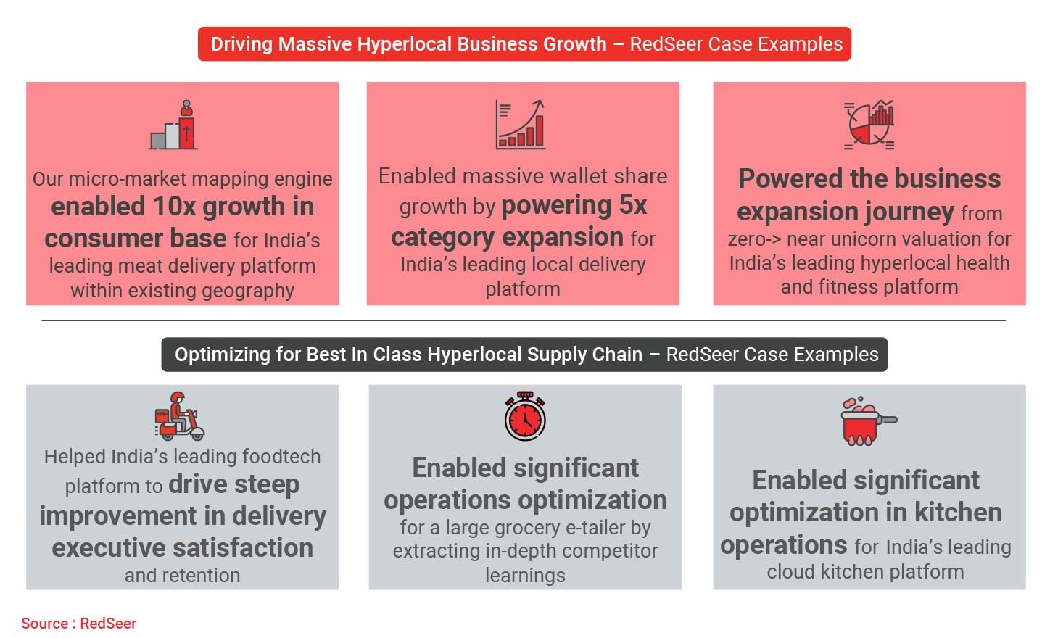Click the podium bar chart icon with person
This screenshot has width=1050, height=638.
pos(173,125)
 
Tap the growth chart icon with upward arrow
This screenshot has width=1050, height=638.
pos(521,124)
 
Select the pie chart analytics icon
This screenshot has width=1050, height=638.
pos(869,125)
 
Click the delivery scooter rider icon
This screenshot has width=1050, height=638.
pos(180,416)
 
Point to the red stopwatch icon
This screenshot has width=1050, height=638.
pos(525,416)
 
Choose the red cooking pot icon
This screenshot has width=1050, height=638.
pos(868,421)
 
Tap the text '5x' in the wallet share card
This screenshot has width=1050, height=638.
pos(633,205)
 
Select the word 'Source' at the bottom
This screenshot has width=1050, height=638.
pos(44,623)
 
